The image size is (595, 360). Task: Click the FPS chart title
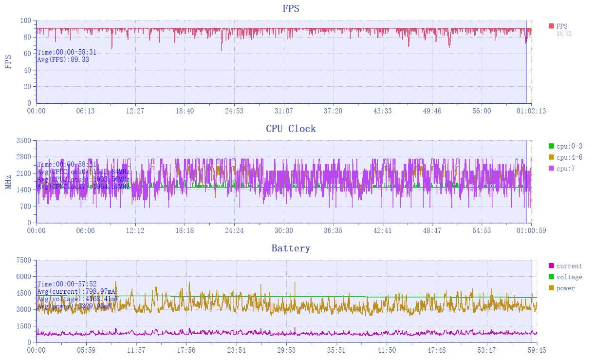pyautogui.click(x=291, y=9)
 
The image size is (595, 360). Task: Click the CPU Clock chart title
pyautogui.click(x=291, y=129)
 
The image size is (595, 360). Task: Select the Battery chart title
pyautogui.click(x=291, y=248)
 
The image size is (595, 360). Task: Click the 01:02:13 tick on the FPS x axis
pyautogui.click(x=531, y=111)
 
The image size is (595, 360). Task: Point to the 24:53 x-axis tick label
pyautogui.click(x=234, y=111)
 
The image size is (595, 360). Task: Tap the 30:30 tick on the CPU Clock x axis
pyautogui.click(x=284, y=230)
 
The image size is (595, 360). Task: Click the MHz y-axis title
pyautogui.click(x=8, y=182)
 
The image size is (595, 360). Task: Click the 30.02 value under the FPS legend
pyautogui.click(x=564, y=34)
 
